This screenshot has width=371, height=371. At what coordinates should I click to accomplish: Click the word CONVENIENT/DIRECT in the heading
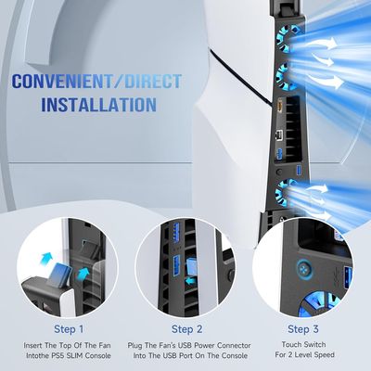tap(82, 82)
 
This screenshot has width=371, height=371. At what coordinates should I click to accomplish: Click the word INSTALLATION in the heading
tap(82, 105)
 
